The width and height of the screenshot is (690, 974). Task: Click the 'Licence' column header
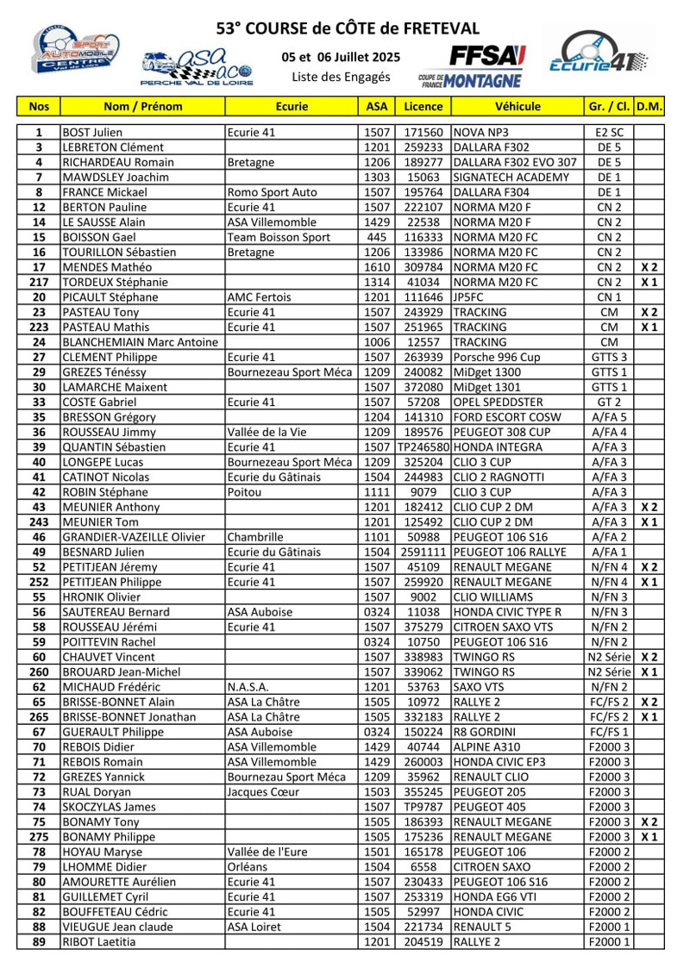click(423, 107)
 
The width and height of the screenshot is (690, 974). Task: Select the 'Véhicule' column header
click(517, 107)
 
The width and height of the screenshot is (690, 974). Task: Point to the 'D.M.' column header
click(649, 107)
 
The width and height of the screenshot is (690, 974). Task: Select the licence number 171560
click(423, 133)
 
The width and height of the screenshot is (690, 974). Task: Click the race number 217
click(39, 283)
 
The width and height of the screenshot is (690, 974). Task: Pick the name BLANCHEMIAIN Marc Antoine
click(141, 342)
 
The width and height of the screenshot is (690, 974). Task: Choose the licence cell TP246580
click(423, 447)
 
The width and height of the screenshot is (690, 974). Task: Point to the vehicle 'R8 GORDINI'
click(483, 732)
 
